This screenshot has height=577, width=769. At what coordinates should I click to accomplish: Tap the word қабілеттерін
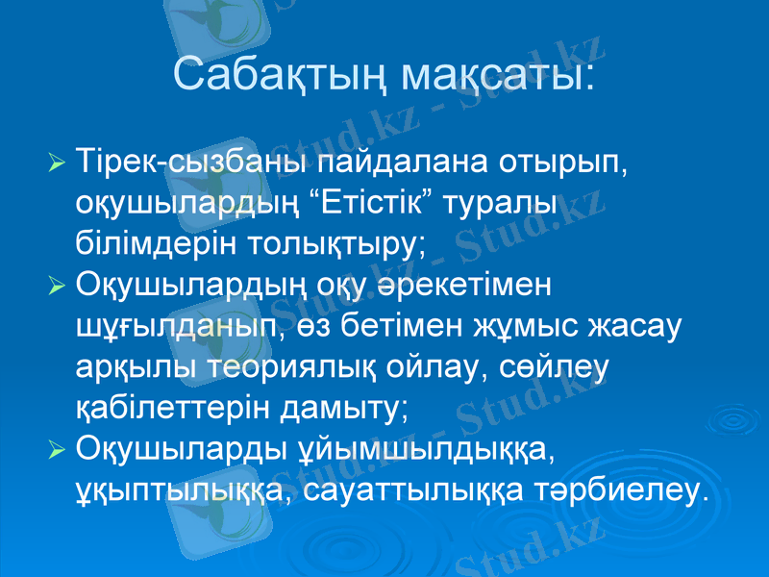(169, 409)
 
